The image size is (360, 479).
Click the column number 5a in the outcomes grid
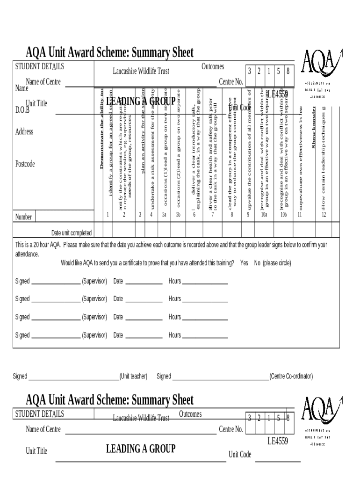(x=164, y=215)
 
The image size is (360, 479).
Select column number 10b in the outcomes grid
(x=283, y=215)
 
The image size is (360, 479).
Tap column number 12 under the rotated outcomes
(x=324, y=215)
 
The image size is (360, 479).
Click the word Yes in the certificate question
(x=244, y=263)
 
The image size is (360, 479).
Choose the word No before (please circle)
(x=257, y=263)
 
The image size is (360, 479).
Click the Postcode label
(x=25, y=164)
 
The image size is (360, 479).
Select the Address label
(x=24, y=132)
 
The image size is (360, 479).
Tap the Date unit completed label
(x=71, y=233)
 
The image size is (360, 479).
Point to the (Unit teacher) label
(x=133, y=376)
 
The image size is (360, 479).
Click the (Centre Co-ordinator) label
(x=291, y=376)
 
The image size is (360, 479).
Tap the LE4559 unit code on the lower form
(x=278, y=441)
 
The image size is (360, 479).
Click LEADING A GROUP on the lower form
(x=141, y=449)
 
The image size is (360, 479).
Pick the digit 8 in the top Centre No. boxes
(x=288, y=72)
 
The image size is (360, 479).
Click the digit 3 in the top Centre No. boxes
(x=250, y=72)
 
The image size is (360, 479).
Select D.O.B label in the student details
(x=22, y=110)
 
